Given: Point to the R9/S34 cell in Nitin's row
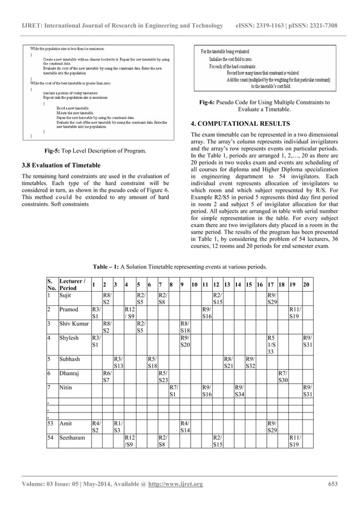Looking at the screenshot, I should coord(239,390).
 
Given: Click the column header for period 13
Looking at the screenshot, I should coord(227,283).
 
